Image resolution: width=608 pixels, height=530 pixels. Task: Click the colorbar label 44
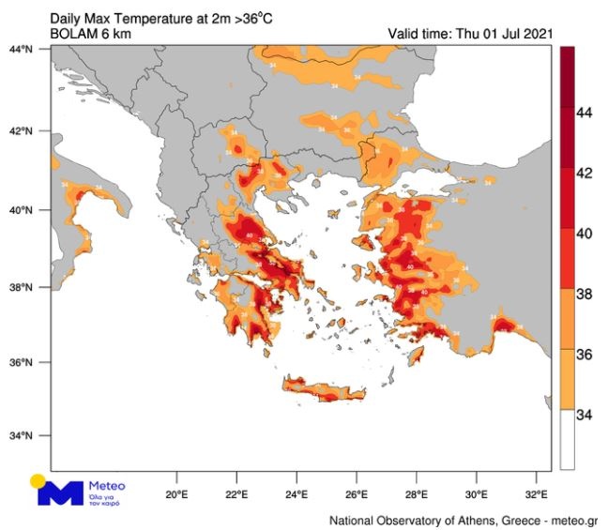pyautogui.click(x=584, y=113)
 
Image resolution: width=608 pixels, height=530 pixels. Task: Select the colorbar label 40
pyautogui.click(x=584, y=234)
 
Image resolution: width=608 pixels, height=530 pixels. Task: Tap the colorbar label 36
pyautogui.click(x=584, y=355)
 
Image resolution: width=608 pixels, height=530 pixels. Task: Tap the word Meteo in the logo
pyautogui.click(x=105, y=486)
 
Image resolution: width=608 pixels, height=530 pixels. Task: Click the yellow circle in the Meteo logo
pyautogui.click(x=38, y=481)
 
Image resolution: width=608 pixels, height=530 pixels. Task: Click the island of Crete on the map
pyautogui.click(x=324, y=389)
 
